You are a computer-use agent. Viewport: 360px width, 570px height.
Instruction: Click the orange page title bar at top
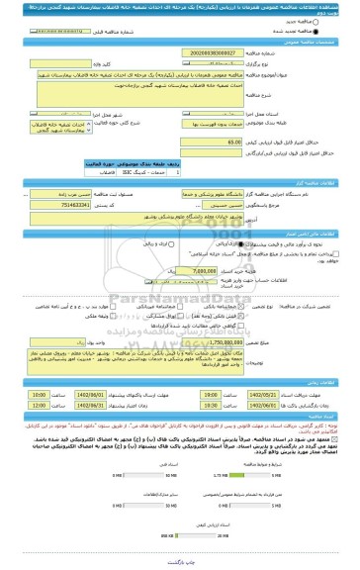click(x=180, y=10)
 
